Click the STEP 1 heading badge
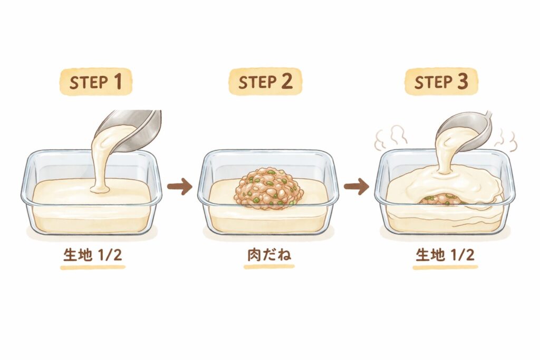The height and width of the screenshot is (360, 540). pyautogui.click(x=96, y=82)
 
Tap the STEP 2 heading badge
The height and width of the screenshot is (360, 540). pyautogui.click(x=265, y=82)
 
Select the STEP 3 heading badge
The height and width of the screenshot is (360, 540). pyautogui.click(x=441, y=82)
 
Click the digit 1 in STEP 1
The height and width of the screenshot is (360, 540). pyautogui.click(x=118, y=82)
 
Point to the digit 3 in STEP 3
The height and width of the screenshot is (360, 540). pyautogui.click(x=462, y=82)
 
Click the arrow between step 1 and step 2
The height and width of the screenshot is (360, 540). pyautogui.click(x=179, y=187)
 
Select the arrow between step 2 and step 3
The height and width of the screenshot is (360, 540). pyautogui.click(x=356, y=187)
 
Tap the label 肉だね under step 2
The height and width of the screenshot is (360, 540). pyautogui.click(x=269, y=255)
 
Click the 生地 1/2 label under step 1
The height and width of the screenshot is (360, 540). pyautogui.click(x=93, y=255)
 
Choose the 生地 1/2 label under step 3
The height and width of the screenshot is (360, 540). pyautogui.click(x=445, y=255)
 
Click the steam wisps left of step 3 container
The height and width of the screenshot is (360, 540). pyautogui.click(x=391, y=137)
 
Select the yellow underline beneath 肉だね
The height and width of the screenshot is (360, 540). pyautogui.click(x=269, y=266)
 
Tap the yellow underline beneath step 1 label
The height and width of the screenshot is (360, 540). pyautogui.click(x=93, y=267)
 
